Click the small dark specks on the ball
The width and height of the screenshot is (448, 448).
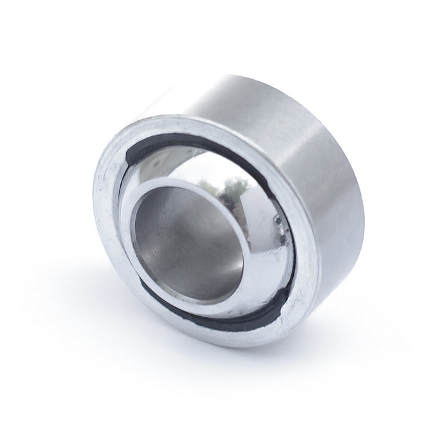(280, 223)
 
